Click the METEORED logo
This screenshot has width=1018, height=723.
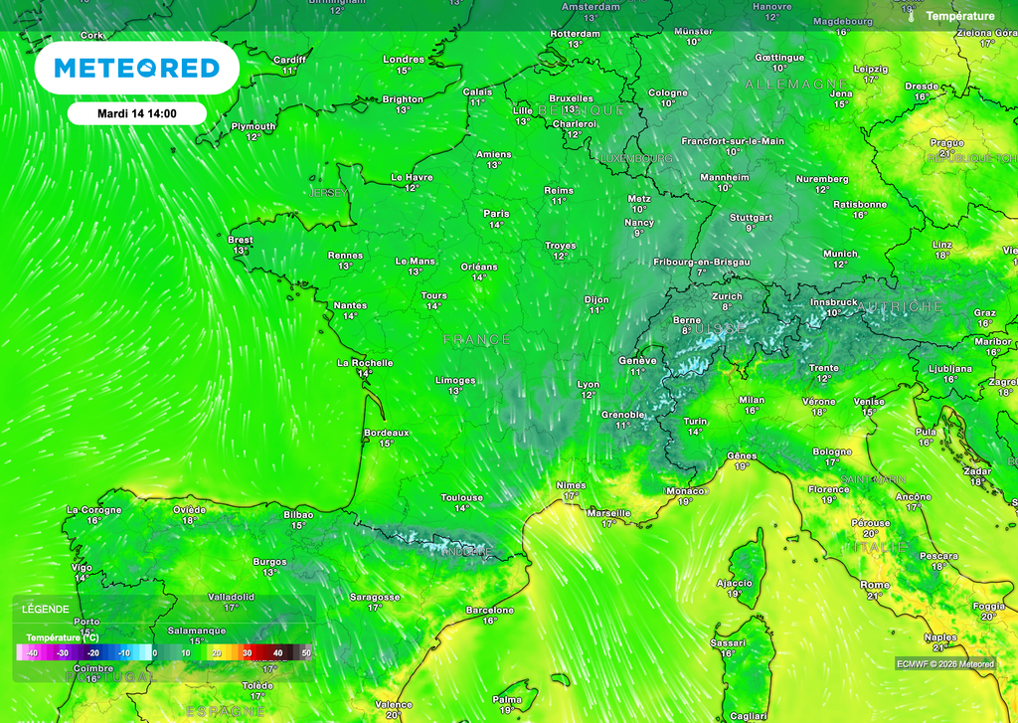136,68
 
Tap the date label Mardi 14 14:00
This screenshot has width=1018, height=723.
137,113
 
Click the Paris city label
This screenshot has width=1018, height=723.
496,214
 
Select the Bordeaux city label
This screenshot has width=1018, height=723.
387,433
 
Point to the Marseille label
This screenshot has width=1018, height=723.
609,512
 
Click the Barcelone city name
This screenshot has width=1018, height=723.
490,610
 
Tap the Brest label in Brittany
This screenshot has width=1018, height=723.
241,240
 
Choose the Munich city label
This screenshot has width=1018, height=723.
840,254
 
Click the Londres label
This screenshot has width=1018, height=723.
404,60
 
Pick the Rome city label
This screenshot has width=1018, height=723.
875,585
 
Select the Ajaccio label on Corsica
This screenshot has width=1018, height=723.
735,583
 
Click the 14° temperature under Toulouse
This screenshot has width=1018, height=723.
462,508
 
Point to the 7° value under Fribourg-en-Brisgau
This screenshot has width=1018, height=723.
701,271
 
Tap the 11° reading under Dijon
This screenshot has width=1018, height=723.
596,309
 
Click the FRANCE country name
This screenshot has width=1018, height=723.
476,340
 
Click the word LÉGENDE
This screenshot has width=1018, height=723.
46,609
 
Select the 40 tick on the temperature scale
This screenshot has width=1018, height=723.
278,652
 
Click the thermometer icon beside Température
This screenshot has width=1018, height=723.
910,16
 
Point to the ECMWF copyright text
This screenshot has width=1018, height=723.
944,664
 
